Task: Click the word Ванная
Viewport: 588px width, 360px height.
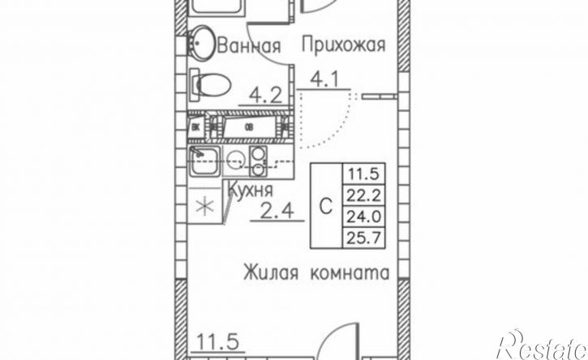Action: [x=249, y=46]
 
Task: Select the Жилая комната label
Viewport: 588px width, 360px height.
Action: [x=315, y=272]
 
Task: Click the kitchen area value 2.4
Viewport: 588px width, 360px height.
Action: [x=277, y=214]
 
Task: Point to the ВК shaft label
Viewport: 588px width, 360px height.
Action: [x=196, y=126]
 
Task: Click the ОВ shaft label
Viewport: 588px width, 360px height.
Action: [x=248, y=126]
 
